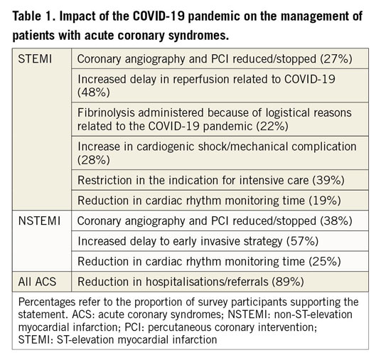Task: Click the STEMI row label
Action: [35, 59]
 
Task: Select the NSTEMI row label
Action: [39, 221]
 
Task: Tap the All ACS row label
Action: [37, 282]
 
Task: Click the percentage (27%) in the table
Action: [336, 59]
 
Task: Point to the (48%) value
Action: [94, 92]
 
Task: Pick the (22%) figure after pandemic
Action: [272, 126]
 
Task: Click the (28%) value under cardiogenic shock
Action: [94, 160]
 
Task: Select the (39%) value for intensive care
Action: [328, 181]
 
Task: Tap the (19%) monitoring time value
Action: [325, 201]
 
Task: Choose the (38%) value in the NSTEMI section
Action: [336, 221]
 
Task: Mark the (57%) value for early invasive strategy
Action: [303, 241]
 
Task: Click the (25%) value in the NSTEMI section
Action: [325, 262]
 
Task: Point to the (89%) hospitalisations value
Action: [288, 282]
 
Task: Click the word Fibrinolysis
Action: [106, 113]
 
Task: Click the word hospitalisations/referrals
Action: [207, 282]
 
